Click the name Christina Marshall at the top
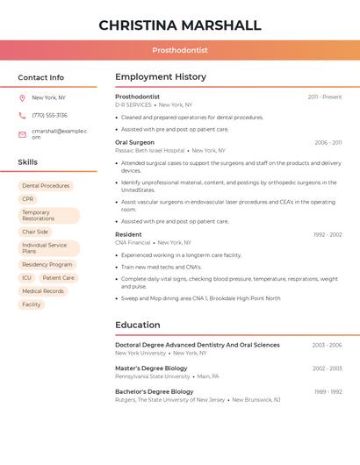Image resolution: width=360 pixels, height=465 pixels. pos(180,25)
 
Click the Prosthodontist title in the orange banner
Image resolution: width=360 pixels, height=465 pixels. pos(180,51)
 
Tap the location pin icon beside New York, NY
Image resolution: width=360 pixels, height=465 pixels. pos(22,97)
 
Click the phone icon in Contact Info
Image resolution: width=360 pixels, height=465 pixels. pos(22,115)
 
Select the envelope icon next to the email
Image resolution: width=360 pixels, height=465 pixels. pos(22,133)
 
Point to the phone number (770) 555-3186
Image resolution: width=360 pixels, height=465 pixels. pos(49,115)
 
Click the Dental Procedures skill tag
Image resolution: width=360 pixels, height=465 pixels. pos(46,186)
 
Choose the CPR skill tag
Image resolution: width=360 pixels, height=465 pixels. pos(28,199)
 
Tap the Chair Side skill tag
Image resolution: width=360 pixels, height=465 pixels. pos(35,232)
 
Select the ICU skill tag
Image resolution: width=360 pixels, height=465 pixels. pos(26,277)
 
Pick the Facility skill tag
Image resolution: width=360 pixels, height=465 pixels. pos(32,304)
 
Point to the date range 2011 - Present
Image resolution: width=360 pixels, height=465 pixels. pos(324,97)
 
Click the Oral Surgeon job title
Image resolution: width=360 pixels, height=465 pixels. pos(134,142)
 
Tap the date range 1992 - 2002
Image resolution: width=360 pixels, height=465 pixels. pos(327,234)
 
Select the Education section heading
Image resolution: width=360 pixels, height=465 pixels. pos(138,325)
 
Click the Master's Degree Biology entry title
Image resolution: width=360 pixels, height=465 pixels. pos(151,368)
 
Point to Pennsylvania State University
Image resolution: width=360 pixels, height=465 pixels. pos(152,376)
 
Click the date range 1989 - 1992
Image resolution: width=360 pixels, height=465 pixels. pos(327,391)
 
